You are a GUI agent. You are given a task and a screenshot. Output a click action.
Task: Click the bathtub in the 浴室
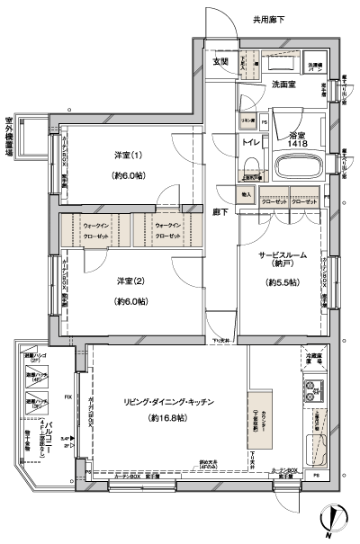(x=298, y=167)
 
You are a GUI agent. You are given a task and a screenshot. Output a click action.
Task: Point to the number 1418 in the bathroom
(x=299, y=143)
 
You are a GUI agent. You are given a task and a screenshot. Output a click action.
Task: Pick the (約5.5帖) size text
(x=282, y=282)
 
